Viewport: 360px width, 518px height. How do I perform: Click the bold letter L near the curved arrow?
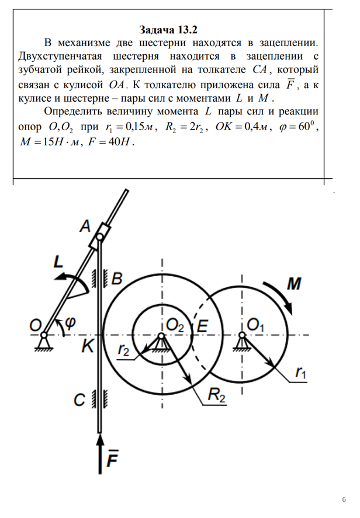(58, 262)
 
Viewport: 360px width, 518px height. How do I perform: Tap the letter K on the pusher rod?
(87, 346)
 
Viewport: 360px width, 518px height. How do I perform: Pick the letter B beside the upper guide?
(117, 279)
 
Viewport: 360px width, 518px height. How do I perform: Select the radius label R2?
(216, 399)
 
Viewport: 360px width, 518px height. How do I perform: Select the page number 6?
(344, 499)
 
